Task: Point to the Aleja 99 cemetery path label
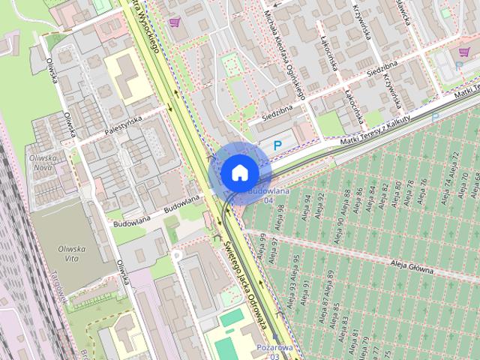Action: (x=262, y=244)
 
